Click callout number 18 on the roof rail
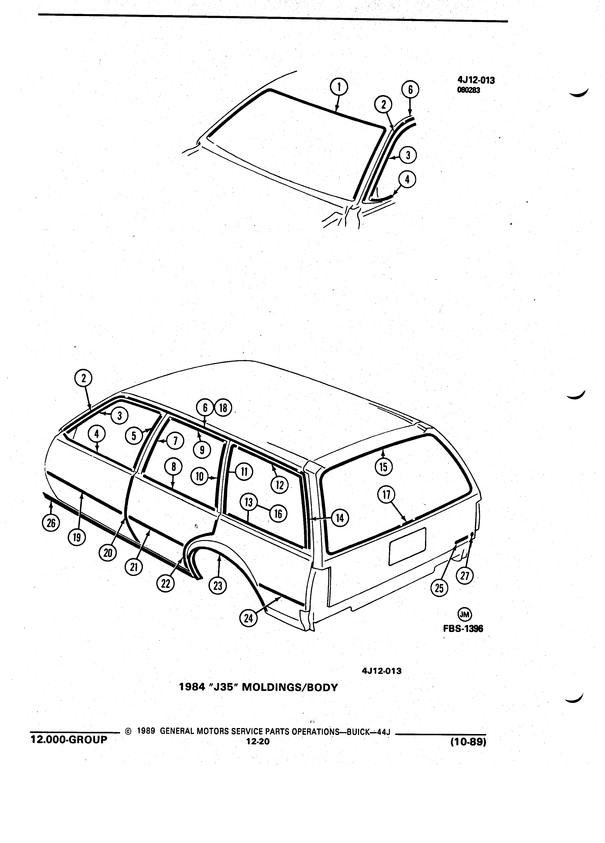tap(223, 408)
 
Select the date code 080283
tap(469, 90)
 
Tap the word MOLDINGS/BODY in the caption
tap(290, 687)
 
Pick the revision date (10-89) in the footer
tap(468, 742)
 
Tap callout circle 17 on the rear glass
tap(386, 496)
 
